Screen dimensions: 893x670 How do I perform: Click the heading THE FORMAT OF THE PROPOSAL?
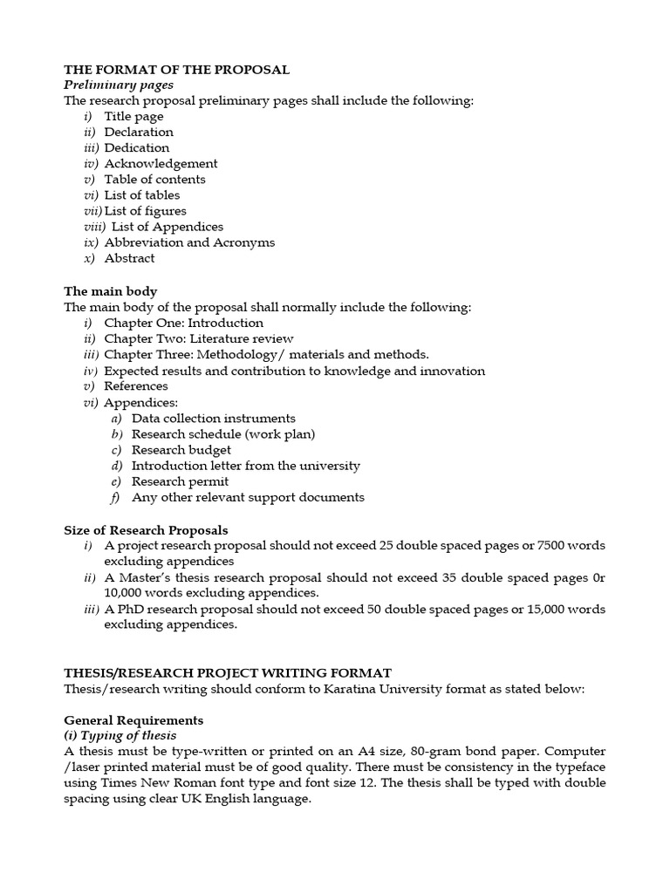[x=177, y=69]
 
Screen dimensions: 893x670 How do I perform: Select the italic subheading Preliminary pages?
[x=119, y=85]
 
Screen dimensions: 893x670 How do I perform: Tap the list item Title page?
[x=133, y=116]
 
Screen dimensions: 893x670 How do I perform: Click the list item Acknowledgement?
[x=161, y=163]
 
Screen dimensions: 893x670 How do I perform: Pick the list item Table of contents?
[x=154, y=179]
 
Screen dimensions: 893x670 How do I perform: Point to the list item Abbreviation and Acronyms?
[x=189, y=242]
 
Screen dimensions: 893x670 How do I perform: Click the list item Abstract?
[x=129, y=258]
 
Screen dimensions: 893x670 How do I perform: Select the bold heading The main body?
[x=111, y=291]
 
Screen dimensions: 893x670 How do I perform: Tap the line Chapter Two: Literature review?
[x=198, y=338]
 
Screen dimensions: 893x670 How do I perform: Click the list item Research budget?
[x=181, y=450]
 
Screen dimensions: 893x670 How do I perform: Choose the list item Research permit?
[x=180, y=481]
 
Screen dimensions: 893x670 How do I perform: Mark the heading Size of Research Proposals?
[x=146, y=529]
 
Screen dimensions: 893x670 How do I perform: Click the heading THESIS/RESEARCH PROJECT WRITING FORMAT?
[x=228, y=672]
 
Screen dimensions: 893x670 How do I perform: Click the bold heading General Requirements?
[x=133, y=720]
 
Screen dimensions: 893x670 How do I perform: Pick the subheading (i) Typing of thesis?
[x=120, y=736]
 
